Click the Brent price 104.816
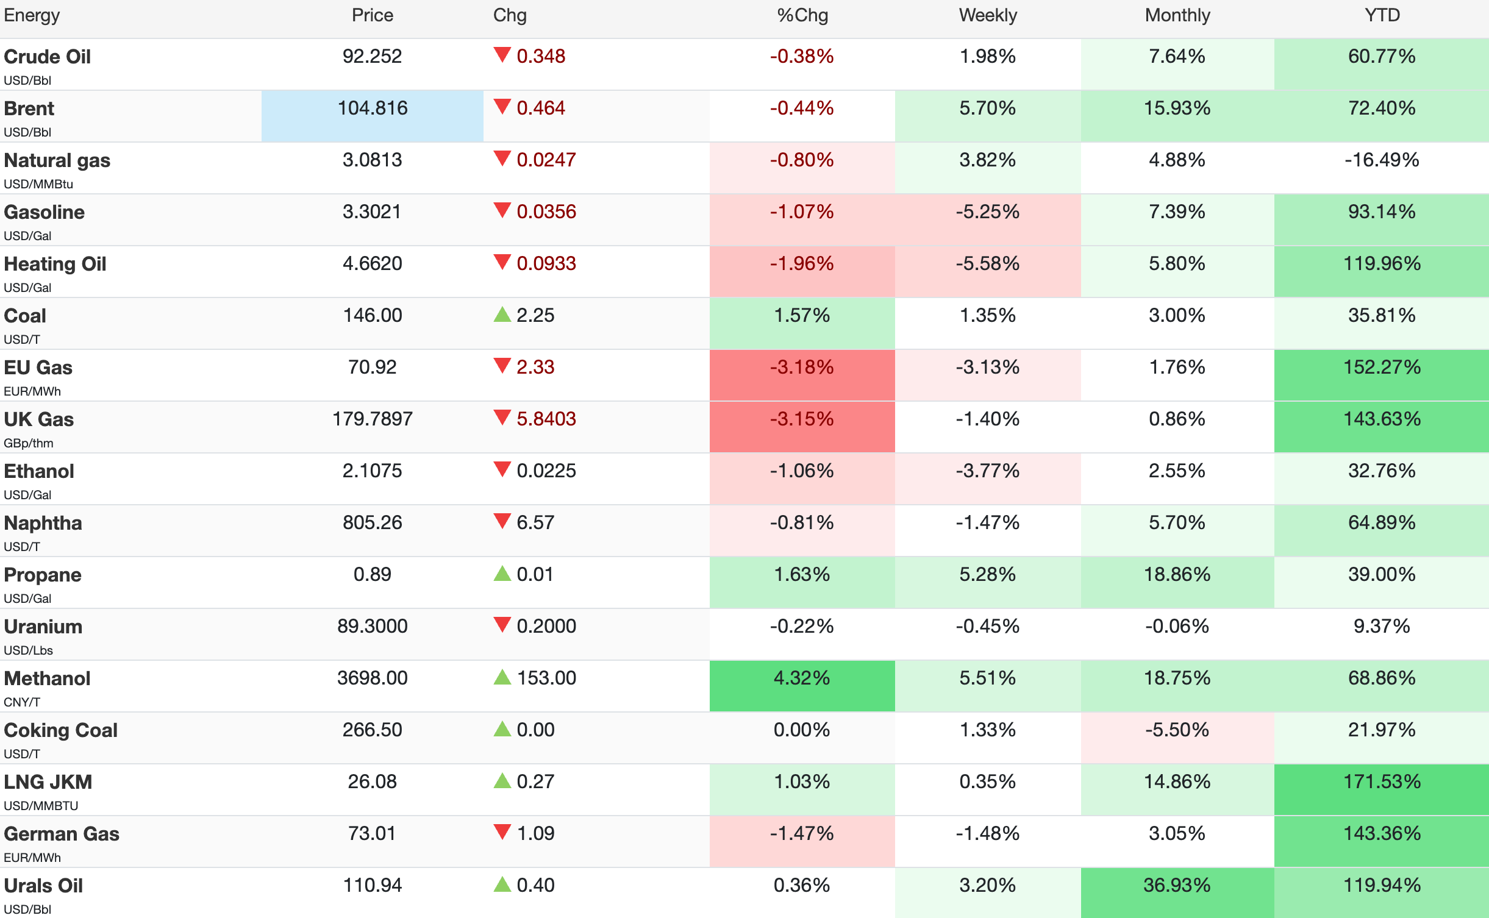(373, 108)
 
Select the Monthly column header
(1177, 16)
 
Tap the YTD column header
(1382, 15)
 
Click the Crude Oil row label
(48, 57)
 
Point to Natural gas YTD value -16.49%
(1382, 160)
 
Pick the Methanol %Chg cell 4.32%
(802, 678)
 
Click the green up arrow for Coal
(502, 315)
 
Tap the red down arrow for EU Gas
(502, 366)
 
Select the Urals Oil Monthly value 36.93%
(1177, 885)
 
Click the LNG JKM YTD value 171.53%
(1382, 781)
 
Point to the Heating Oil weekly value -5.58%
(987, 263)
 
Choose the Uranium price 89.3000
(373, 626)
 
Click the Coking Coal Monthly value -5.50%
(1177, 730)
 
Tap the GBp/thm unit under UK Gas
(29, 443)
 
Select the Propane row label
(43, 575)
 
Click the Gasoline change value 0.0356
(546, 212)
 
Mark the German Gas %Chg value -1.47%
(802, 833)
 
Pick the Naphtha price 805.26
(373, 522)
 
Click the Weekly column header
(988, 16)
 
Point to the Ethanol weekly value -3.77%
(987, 471)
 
